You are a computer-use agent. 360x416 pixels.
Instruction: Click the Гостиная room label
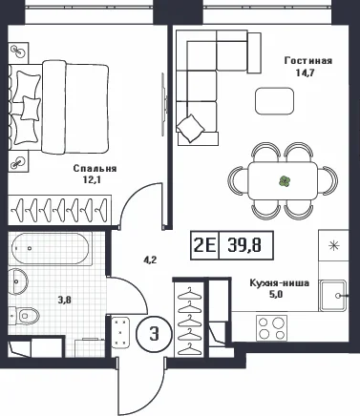[x=307, y=61]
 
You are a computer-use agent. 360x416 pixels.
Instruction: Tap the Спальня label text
[x=95, y=169]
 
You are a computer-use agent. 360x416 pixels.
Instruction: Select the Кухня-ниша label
[x=279, y=282]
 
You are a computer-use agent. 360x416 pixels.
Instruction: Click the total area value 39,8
[x=244, y=245]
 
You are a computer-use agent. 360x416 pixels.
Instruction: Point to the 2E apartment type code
[x=204, y=245]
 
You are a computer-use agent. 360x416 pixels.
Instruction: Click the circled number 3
[x=155, y=334]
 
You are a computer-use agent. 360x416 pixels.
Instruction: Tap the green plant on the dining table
[x=285, y=181]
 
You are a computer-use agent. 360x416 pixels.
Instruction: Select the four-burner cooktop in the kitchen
[x=271, y=328]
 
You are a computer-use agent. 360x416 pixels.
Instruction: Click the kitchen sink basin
[x=332, y=296]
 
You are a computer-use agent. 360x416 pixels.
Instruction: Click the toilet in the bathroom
[x=24, y=316]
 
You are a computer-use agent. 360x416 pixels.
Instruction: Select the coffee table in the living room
[x=274, y=101]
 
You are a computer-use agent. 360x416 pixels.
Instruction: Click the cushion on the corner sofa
[x=191, y=128]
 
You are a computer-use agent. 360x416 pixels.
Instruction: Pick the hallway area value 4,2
[x=149, y=260]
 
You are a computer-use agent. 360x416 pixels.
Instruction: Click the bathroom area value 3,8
[x=65, y=300]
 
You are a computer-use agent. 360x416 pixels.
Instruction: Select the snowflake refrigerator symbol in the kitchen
[x=333, y=245]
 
